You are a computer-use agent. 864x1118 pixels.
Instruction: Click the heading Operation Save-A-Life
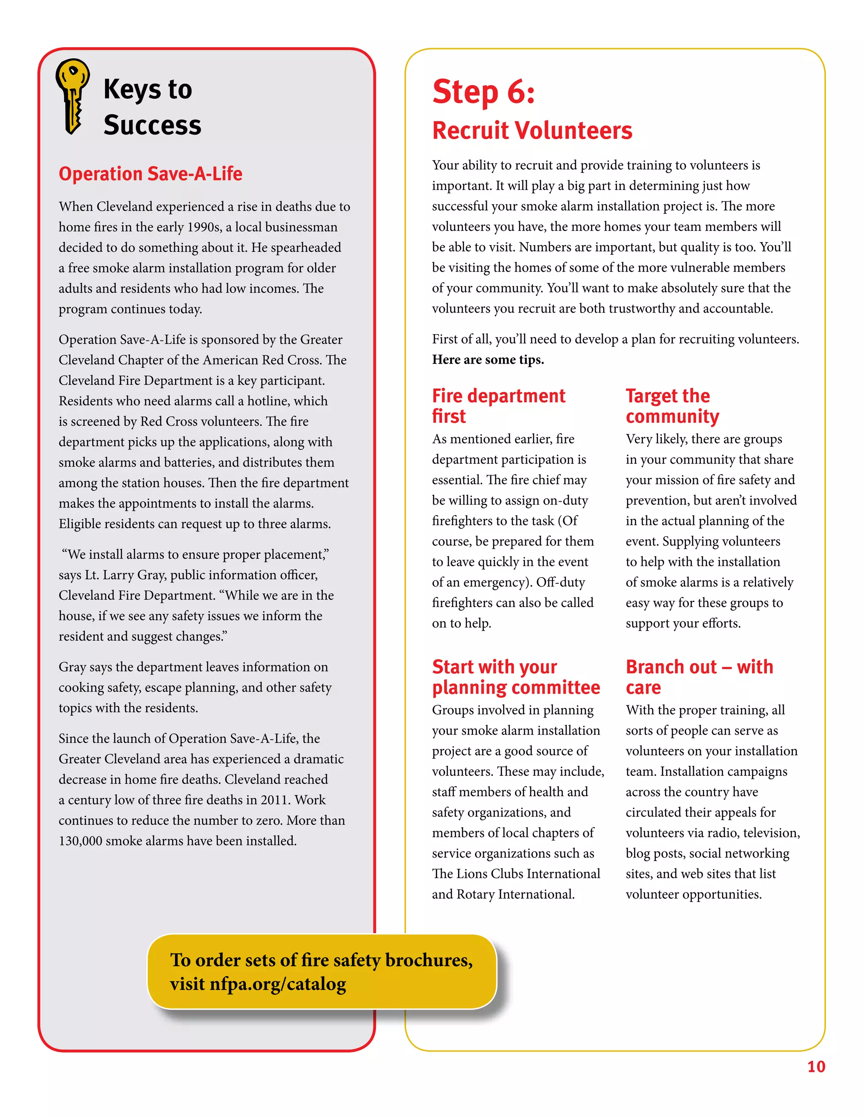tap(151, 174)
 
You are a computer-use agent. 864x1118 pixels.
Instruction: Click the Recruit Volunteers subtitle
tap(532, 130)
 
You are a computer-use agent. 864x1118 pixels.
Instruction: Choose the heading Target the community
tap(672, 405)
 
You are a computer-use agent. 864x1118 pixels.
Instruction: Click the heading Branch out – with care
tap(699, 677)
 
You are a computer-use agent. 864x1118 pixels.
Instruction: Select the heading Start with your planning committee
tap(516, 677)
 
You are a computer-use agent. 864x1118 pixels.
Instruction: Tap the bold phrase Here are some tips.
tap(488, 360)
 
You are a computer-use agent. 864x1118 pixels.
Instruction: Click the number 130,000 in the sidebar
tap(80, 841)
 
